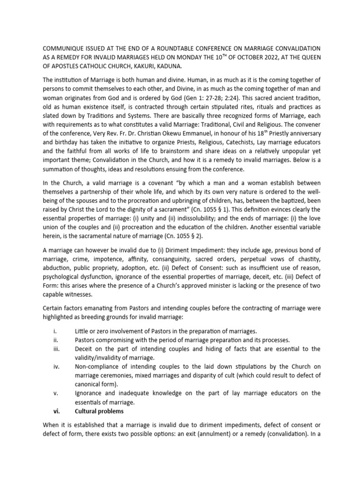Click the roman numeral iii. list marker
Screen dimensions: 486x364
55,349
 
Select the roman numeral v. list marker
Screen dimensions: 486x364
55,393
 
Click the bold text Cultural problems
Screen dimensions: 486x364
99,411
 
